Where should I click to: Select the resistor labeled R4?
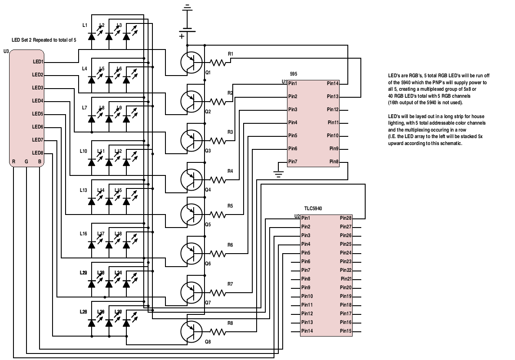[x=218, y=179]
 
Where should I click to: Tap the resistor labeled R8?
[x=218, y=332]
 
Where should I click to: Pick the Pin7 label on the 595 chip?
[x=293, y=162]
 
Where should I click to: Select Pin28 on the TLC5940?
[x=346, y=218]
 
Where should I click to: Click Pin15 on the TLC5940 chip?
[x=346, y=331]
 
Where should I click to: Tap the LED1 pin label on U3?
[x=38, y=62]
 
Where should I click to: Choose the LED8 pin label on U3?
[x=38, y=153]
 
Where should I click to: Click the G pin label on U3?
[x=26, y=162]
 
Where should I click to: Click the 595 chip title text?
[x=293, y=74]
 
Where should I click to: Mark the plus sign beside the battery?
[x=182, y=36]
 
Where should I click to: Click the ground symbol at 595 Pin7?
[x=278, y=174]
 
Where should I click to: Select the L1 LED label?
[x=85, y=25]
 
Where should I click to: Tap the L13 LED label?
[x=84, y=190]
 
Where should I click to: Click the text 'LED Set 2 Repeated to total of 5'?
[x=44, y=40]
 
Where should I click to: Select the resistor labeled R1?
[x=218, y=62]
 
